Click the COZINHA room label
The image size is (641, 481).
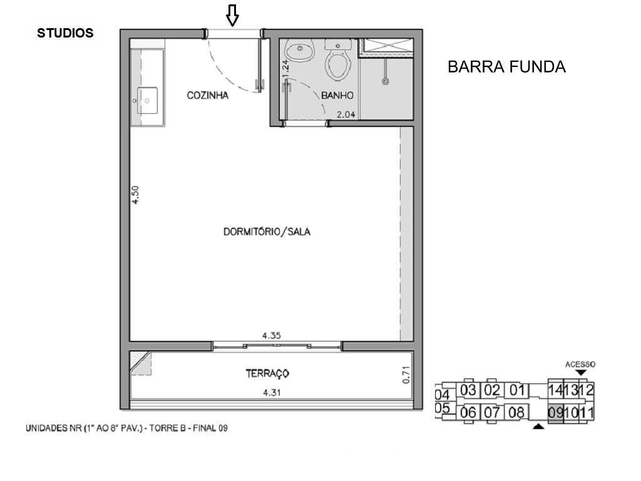[x=207, y=96]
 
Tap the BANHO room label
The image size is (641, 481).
[x=337, y=96]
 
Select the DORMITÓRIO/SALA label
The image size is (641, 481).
[x=267, y=231]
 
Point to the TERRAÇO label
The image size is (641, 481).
[x=267, y=373]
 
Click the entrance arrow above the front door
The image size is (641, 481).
[x=233, y=16]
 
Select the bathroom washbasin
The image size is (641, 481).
[x=302, y=51]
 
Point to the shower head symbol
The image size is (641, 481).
[x=386, y=80]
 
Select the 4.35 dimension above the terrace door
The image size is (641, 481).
[x=271, y=335]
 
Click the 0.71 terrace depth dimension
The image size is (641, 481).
[x=406, y=375]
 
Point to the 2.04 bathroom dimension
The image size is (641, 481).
[x=346, y=114]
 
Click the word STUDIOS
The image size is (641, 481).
[x=65, y=33]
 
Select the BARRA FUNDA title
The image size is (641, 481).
[x=506, y=67]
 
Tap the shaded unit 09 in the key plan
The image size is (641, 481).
[x=555, y=413]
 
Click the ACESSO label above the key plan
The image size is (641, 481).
[x=580, y=364]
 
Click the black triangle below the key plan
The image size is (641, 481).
[x=538, y=427]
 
